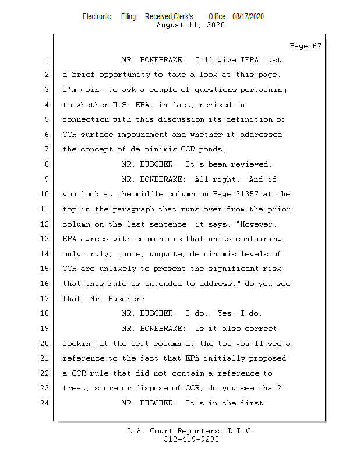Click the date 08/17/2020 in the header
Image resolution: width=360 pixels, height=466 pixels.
(248, 17)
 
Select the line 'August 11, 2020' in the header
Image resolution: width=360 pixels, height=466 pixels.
(191, 25)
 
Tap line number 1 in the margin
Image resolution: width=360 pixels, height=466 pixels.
(46, 60)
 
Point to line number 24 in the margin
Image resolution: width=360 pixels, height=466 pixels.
(44, 403)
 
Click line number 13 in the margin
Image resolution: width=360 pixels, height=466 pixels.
(44, 239)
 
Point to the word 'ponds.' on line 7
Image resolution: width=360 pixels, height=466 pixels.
(213, 149)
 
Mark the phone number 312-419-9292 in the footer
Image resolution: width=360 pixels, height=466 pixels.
(191, 439)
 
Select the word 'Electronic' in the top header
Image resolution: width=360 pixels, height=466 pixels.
(97, 17)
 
